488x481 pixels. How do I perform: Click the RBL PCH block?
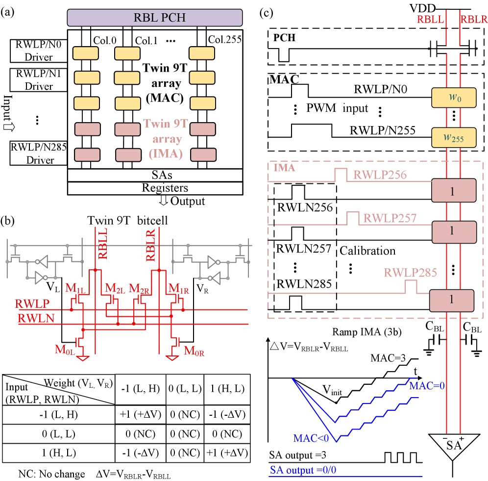tap(154, 18)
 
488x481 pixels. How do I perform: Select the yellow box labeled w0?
tap(454, 98)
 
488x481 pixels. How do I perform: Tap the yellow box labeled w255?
tap(454, 138)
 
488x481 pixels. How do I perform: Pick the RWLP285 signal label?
tap(410, 273)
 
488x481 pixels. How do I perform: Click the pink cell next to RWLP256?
tap(454, 190)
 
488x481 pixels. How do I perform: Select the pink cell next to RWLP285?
tap(452, 301)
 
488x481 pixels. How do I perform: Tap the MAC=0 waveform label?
tap(427, 386)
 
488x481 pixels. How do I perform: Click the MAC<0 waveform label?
tap(312, 438)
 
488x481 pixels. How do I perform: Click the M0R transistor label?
tap(194, 351)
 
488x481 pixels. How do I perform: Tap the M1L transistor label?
tap(75, 288)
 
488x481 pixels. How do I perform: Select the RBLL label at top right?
tap(430, 20)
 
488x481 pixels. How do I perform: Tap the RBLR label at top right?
tap(473, 20)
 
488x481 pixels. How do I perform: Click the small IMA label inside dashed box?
tap(284, 168)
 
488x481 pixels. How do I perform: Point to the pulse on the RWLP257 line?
tap(352, 218)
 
